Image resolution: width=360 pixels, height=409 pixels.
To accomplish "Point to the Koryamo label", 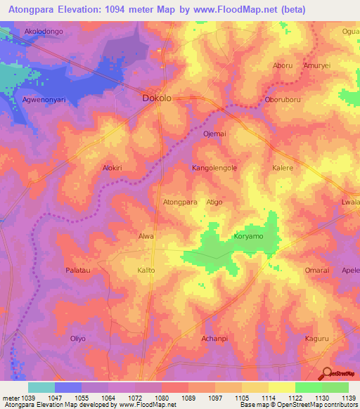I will [248, 237].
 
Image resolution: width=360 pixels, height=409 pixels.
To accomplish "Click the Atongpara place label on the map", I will [180, 202].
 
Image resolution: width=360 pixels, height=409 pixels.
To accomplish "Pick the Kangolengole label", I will [214, 169].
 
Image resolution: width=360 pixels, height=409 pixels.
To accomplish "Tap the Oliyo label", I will [77, 339].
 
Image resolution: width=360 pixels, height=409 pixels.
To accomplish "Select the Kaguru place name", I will [316, 339].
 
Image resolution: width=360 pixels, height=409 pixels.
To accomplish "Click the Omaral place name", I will [317, 270].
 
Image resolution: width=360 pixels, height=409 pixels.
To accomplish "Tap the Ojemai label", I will [214, 134].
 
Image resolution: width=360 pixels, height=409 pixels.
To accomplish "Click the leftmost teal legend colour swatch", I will [41, 387].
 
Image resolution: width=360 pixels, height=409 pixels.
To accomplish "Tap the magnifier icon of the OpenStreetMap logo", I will [326, 373].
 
